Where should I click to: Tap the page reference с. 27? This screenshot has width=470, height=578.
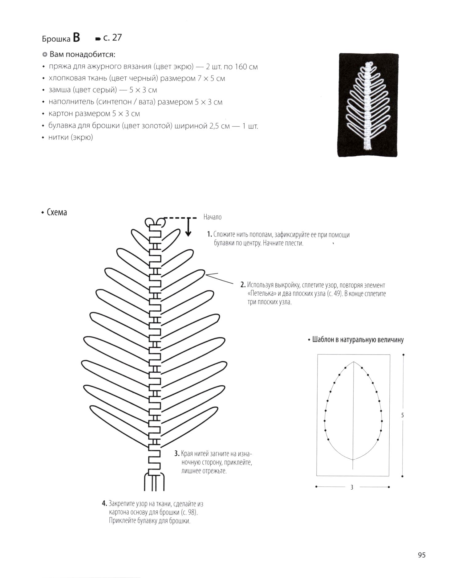pyautogui.click(x=112, y=38)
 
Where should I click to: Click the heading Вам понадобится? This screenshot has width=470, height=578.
pyautogui.click(x=82, y=55)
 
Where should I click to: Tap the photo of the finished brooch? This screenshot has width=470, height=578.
pyautogui.click(x=368, y=105)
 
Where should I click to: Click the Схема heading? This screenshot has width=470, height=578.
pyautogui.click(x=57, y=212)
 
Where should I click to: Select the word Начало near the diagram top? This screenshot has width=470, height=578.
pyautogui.click(x=212, y=217)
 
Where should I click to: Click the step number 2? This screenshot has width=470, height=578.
pyautogui.click(x=243, y=285)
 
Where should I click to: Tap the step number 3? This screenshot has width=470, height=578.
pyautogui.click(x=177, y=453)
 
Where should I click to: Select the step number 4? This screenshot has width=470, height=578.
pyautogui.click(x=104, y=504)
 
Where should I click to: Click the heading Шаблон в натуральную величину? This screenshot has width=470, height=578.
pyautogui.click(x=358, y=340)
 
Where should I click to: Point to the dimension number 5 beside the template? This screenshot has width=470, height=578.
pyautogui.click(x=402, y=415)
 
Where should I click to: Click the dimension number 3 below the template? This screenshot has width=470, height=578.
pyautogui.click(x=352, y=487)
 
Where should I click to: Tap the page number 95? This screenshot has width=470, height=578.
pyautogui.click(x=422, y=555)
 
